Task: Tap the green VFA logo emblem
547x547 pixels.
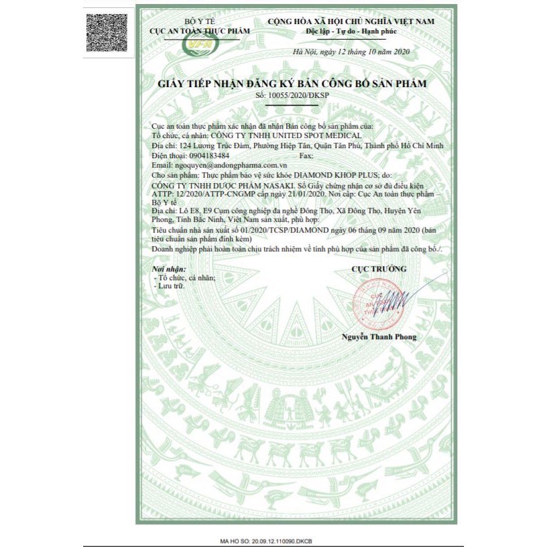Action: [x=198, y=45]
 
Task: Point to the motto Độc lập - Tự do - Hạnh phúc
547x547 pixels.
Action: [x=350, y=32]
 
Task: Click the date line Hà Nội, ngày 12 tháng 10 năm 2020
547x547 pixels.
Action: [x=351, y=52]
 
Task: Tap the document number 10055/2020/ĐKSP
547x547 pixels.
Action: [x=303, y=96]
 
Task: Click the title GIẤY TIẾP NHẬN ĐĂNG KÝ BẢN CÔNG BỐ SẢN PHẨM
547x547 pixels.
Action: [x=292, y=83]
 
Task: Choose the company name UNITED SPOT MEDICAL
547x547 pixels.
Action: [x=297, y=135]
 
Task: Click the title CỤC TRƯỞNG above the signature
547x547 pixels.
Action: [x=379, y=268]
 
